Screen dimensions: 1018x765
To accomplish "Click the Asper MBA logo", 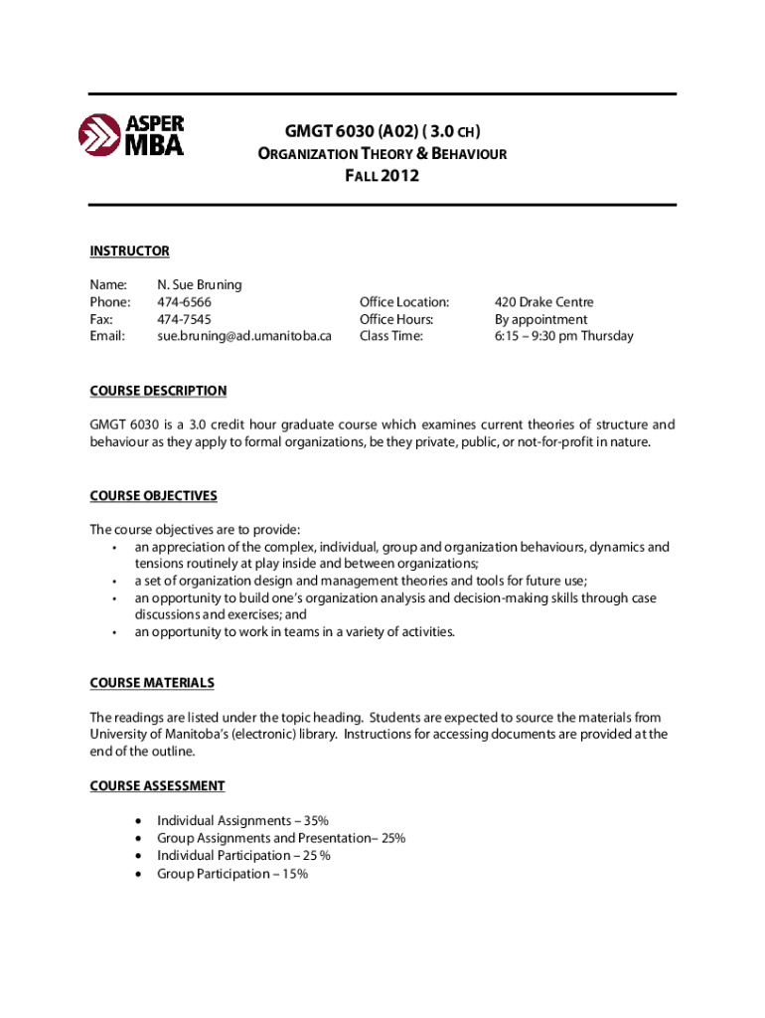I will pos(131,135).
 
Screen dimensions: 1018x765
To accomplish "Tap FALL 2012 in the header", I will pos(382,176).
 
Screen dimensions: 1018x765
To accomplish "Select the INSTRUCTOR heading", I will pos(129,252).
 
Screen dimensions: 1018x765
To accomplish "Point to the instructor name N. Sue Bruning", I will pos(199,284).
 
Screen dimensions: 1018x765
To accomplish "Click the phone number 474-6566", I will pos(184,302).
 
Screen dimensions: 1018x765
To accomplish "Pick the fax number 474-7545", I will pos(184,319).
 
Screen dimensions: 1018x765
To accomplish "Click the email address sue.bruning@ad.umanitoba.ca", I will pos(243,336).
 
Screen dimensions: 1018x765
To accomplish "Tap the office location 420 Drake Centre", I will pos(544,302).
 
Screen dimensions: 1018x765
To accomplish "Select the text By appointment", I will pos(541,319).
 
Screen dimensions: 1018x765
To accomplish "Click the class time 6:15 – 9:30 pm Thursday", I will pos(564,336).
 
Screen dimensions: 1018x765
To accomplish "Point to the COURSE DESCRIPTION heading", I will pos(158,391).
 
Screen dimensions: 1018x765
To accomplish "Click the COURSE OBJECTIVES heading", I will pos(153,495).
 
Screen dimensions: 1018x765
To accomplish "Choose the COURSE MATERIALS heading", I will pos(152,683).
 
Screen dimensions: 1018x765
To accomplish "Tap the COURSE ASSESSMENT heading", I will pos(157,786).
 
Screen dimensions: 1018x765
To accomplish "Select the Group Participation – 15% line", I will pos(232,874).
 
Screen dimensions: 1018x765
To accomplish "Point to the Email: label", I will pos(108,336).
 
